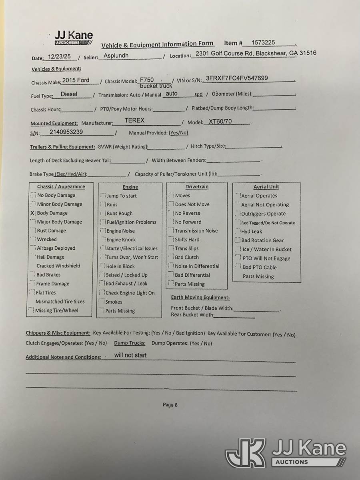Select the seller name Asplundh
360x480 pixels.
tap(116, 56)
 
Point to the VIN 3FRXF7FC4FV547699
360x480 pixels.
tap(237, 78)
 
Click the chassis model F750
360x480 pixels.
tap(147, 80)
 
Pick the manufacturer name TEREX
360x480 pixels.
tap(134, 120)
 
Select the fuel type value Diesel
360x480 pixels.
tap(69, 94)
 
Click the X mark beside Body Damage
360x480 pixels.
tap(32, 213)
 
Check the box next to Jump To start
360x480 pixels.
tap(103, 196)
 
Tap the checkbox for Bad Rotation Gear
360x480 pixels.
tap(238, 240)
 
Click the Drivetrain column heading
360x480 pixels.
tap(197, 187)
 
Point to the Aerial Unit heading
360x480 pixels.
tap(266, 187)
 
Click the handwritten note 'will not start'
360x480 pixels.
tap(130, 355)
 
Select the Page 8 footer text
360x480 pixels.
tap(170, 405)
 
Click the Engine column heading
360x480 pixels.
tap(130, 187)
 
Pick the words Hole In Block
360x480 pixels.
tap(120, 266)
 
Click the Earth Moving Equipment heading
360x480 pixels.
tap(200, 298)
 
